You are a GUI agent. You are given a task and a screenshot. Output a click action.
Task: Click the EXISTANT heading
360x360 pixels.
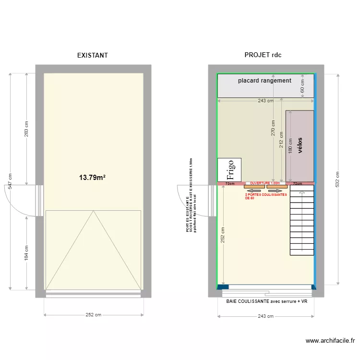93,55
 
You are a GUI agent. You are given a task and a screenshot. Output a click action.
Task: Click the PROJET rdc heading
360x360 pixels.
263,55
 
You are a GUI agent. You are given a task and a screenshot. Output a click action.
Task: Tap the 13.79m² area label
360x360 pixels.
92,178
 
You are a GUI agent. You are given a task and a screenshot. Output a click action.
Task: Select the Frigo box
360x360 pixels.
229,170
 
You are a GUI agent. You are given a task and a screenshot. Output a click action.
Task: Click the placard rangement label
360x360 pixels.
264,81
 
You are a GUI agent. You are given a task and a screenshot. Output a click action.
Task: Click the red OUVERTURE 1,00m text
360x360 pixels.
264,183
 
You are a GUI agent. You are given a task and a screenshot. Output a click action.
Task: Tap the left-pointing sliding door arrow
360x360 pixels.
254,190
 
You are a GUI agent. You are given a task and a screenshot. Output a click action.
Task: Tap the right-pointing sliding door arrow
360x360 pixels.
276,190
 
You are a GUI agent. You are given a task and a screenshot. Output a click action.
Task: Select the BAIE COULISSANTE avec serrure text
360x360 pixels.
266,301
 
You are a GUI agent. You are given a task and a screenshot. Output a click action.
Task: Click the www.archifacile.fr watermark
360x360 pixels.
331,341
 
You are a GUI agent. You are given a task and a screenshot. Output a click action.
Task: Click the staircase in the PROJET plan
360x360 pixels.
301,221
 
